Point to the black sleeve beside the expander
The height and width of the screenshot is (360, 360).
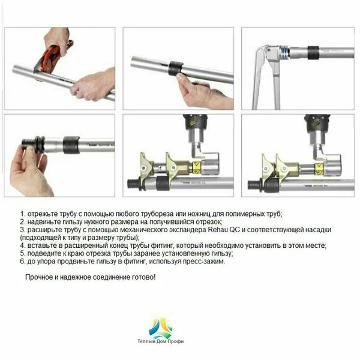[313, 52]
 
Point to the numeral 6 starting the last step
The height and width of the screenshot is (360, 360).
[22, 262]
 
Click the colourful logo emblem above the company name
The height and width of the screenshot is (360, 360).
[160, 328]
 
